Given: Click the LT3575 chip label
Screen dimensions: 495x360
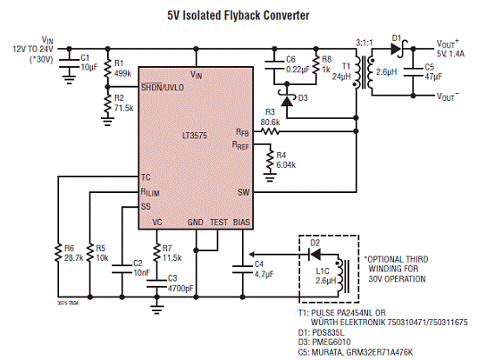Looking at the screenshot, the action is tap(195, 136).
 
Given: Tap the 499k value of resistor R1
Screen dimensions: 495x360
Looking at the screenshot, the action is tap(122, 73).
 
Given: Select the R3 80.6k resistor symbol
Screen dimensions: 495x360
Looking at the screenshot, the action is tap(270, 131).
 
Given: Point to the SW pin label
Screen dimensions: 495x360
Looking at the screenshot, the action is tap(243, 192).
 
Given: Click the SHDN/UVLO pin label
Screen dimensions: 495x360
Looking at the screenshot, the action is tap(163, 87).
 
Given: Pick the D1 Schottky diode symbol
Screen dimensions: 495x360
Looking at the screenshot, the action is tap(398, 49).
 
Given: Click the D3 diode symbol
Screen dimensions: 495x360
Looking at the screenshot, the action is tap(287, 99).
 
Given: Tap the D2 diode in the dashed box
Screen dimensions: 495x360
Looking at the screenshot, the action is tap(315, 255).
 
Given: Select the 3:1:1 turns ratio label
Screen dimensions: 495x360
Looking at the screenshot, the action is tap(365, 43).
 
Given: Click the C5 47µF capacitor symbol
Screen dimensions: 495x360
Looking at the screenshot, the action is tap(413, 72).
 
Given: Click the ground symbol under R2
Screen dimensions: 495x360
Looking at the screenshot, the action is tap(107, 121).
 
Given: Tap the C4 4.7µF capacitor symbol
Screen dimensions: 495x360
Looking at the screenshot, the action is tap(242, 269).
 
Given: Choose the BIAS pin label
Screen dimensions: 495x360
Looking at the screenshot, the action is tap(241, 222).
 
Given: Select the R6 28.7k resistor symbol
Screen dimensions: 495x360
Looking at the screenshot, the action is tap(58, 253).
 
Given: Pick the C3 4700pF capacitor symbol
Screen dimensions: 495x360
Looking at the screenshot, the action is tap(156, 283).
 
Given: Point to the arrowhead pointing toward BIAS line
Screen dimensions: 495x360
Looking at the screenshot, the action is tap(252, 255).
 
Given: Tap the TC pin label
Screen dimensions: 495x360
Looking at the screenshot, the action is tap(146, 177).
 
